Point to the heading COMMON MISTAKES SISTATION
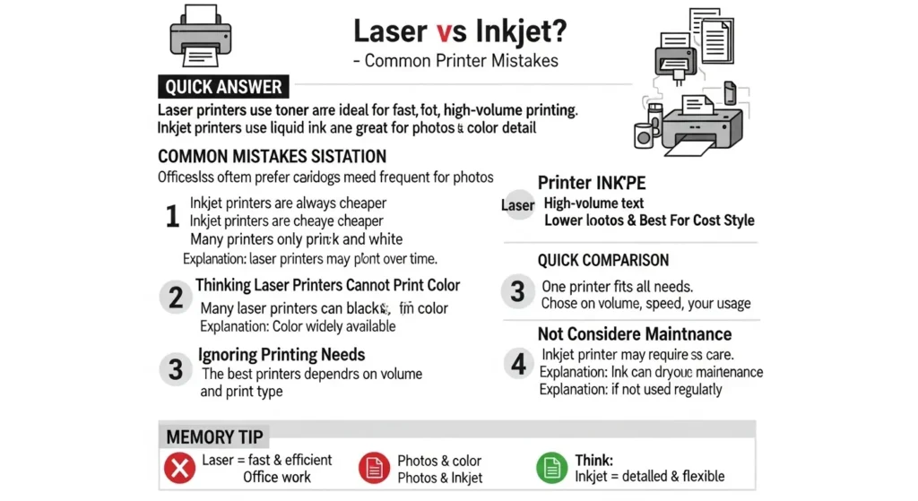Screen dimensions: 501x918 pos(272,156)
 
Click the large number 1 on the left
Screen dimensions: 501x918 pos(172,217)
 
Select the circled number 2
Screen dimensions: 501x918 pos(175,297)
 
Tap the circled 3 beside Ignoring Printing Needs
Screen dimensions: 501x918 pos(175,368)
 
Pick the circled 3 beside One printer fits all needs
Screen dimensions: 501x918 pos(517,291)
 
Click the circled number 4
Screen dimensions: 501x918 pos(517,364)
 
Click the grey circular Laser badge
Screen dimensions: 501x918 pos(517,205)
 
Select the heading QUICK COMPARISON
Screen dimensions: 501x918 pos(602,260)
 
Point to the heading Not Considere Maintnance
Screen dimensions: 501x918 pos(635,333)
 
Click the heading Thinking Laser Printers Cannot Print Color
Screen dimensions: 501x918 pos(327,286)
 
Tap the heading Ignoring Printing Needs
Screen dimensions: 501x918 pos(281,354)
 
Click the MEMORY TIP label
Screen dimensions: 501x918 pos(215,437)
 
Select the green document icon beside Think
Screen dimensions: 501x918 pos(550,468)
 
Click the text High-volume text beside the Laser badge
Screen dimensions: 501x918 pos(593,203)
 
